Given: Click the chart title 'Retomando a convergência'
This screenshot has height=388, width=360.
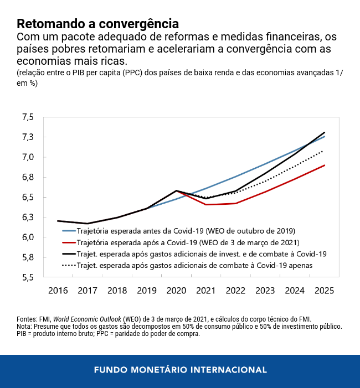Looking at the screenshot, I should coord(97,24).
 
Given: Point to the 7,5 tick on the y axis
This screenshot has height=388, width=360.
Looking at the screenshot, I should coord(28,117).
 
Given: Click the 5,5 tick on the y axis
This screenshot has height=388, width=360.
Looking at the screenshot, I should coord(28,277).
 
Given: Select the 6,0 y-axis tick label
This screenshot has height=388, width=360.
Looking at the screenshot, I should coord(28,237).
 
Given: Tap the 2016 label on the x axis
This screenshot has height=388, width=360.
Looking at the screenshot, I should coord(58,291).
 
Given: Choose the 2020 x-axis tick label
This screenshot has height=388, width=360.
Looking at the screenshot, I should coord(176,291).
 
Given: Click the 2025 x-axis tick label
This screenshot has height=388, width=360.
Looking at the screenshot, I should coord(324,291).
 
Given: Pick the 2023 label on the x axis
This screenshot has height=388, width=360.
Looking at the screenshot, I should coord(265,291).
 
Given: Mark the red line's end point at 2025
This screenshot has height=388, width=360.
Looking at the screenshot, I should coord(324,165).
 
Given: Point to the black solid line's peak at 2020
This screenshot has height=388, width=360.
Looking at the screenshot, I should coord(176,190).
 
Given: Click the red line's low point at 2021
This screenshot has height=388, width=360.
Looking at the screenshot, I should coord(206,204).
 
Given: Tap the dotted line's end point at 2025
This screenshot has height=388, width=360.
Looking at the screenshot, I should coord(324,150).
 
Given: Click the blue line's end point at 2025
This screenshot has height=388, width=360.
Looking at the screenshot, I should coord(324,136).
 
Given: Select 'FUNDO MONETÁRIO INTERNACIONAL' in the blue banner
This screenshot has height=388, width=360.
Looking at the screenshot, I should coord(180,369).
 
